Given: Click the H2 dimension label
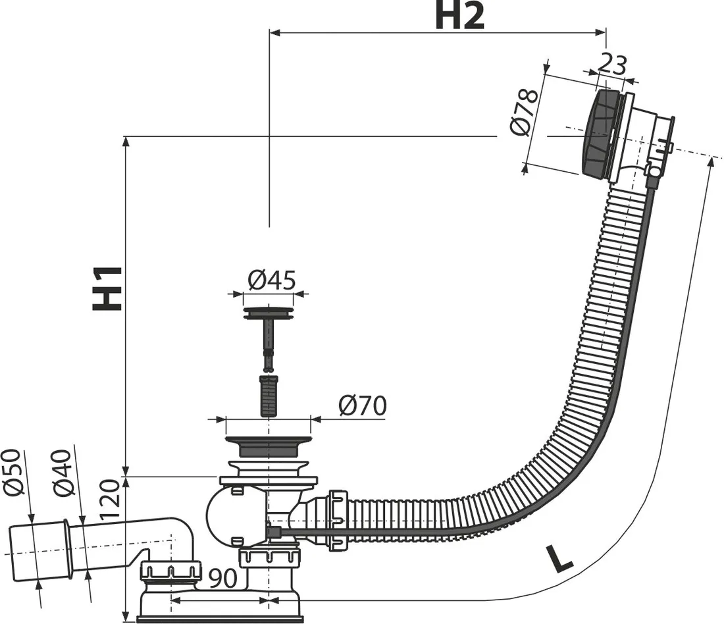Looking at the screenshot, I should [x=459, y=17].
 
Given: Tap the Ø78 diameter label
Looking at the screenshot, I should [x=525, y=112].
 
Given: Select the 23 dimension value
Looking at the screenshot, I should [x=611, y=65].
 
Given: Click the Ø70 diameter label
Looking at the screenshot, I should [x=362, y=406].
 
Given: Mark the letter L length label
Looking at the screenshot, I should [x=559, y=558].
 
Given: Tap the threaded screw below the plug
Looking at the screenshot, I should [x=268, y=395].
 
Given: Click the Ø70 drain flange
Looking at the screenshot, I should [x=268, y=445].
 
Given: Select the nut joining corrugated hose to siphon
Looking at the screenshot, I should [x=337, y=520].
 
